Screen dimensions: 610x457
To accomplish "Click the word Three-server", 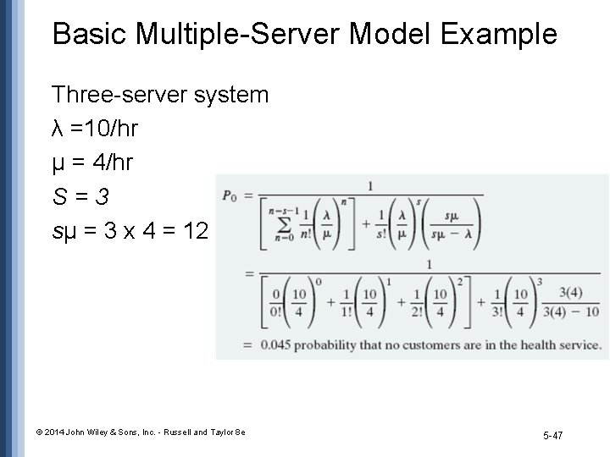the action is (109, 94).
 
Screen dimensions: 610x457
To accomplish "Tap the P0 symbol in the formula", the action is (230, 195).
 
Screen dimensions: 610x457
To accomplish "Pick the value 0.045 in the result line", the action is (278, 345).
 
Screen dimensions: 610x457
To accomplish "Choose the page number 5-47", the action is (552, 435).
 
